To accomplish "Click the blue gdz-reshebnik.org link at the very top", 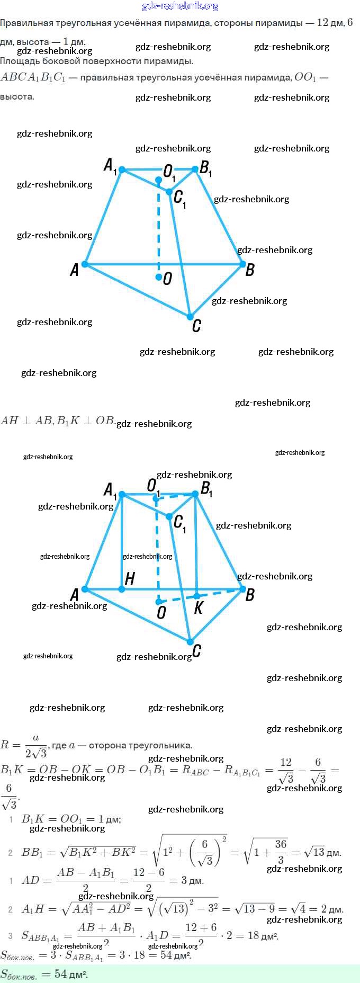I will [x=180, y=6].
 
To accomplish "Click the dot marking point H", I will [x=122, y=589].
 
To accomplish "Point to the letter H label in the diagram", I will [x=130, y=578].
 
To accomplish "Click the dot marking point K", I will [x=196, y=596].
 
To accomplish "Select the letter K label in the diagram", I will [x=199, y=607].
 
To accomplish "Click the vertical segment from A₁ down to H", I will [x=122, y=540].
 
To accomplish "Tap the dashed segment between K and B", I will [x=220, y=592].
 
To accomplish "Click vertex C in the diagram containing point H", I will [x=190, y=642].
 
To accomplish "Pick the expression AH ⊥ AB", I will [x=26, y=421].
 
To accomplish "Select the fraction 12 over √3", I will [x=286, y=770].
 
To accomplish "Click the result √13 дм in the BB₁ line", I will [x=323, y=852].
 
